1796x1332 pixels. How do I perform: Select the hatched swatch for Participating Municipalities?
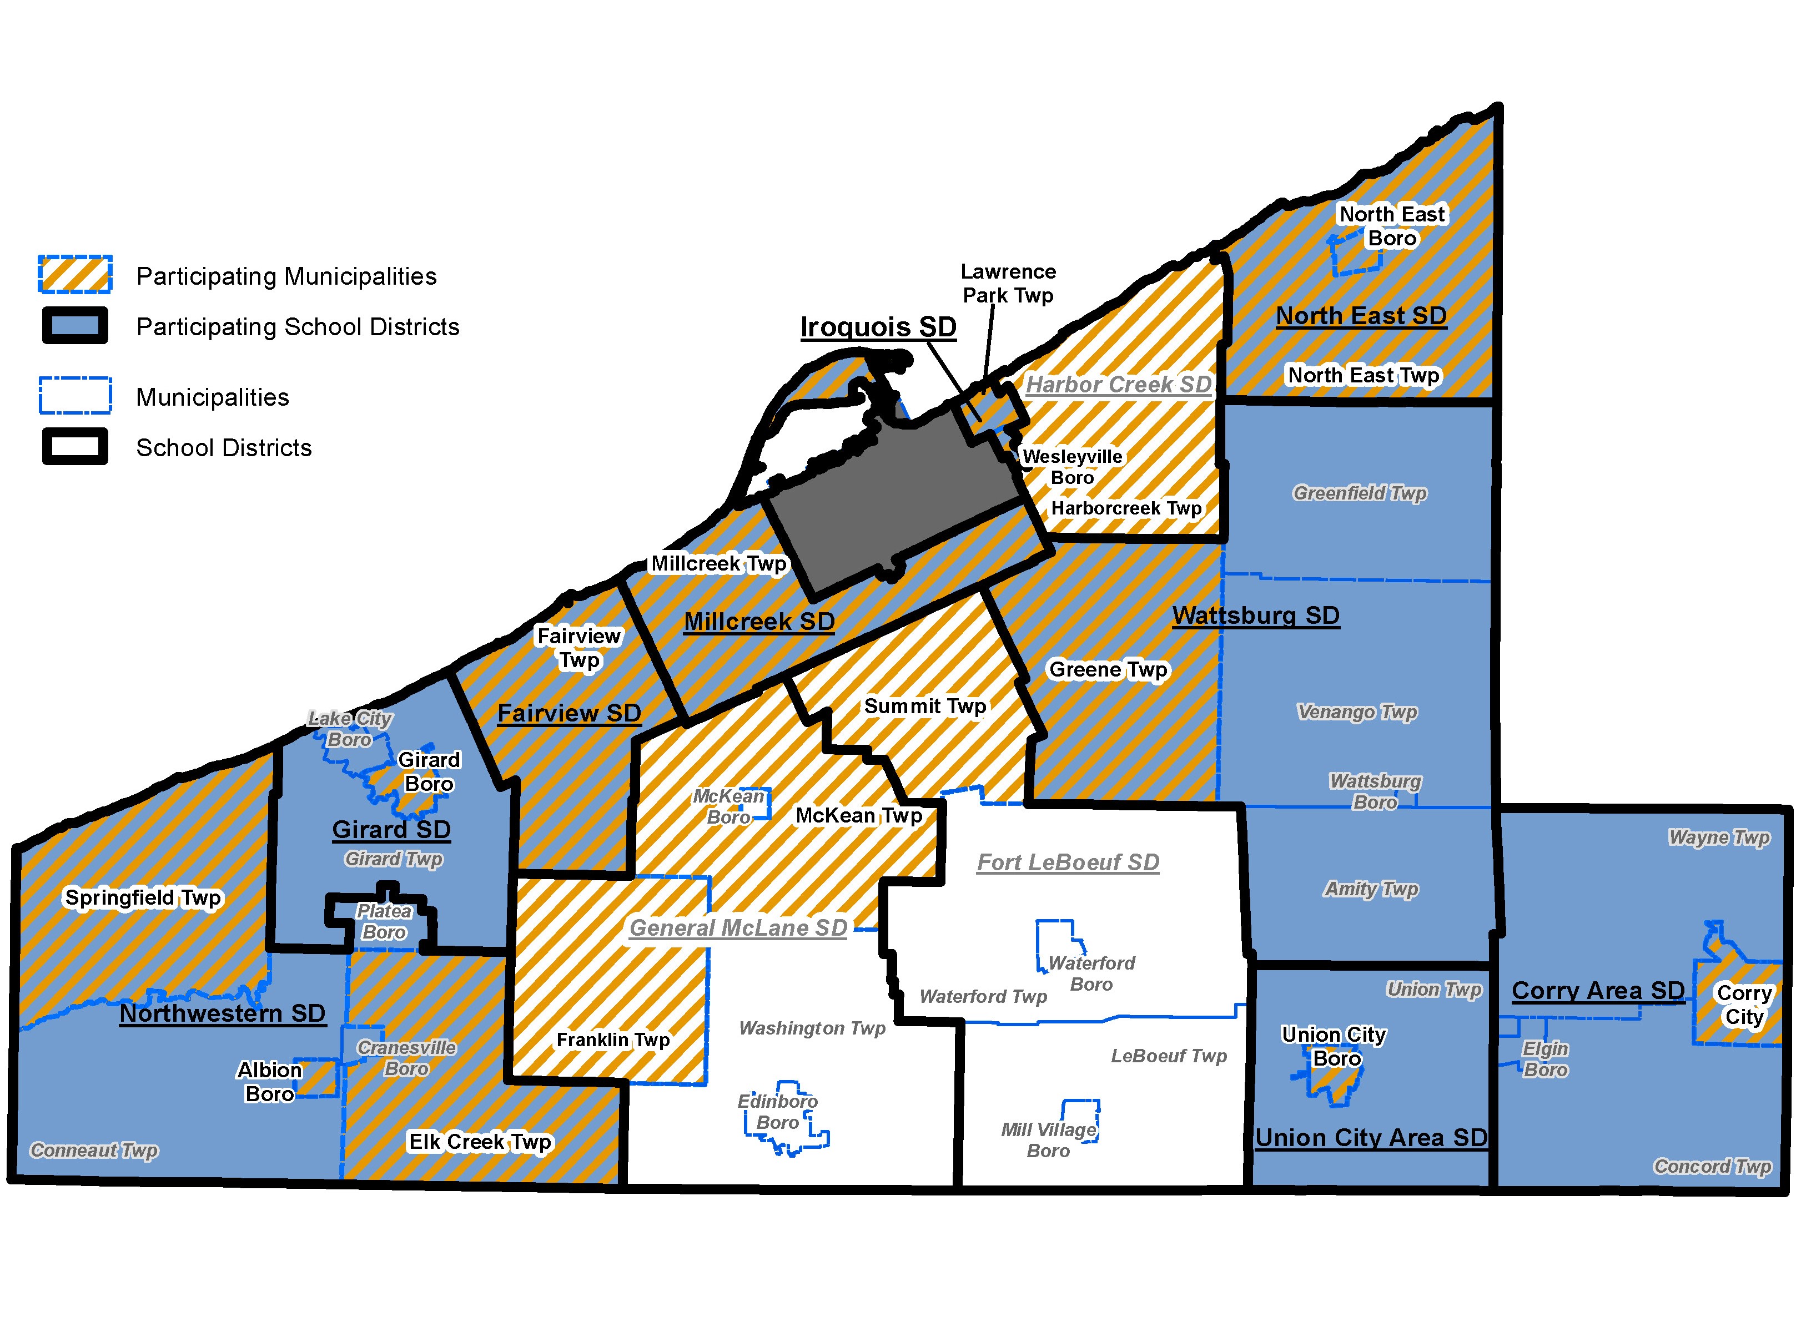tap(75, 274)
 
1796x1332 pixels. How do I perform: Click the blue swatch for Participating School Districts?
tap(75, 326)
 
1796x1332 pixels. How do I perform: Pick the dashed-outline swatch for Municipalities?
tap(75, 396)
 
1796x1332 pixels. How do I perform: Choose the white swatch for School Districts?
tap(75, 447)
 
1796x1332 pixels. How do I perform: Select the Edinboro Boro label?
tap(777, 1112)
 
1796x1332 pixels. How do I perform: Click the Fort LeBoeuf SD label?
tap(1068, 862)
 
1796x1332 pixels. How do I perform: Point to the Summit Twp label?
tap(925, 707)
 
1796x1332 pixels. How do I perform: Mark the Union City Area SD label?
tap(1370, 1138)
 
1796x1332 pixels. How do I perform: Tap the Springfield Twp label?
tap(143, 897)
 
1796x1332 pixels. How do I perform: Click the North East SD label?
tap(1361, 316)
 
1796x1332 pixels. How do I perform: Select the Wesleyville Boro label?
tap(1072, 467)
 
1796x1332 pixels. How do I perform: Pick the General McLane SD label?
tap(738, 928)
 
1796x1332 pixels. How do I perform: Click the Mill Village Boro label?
tap(1048, 1140)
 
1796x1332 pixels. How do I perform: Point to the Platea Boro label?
tap(384, 922)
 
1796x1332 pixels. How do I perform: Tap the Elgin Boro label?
tap(1545, 1059)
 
